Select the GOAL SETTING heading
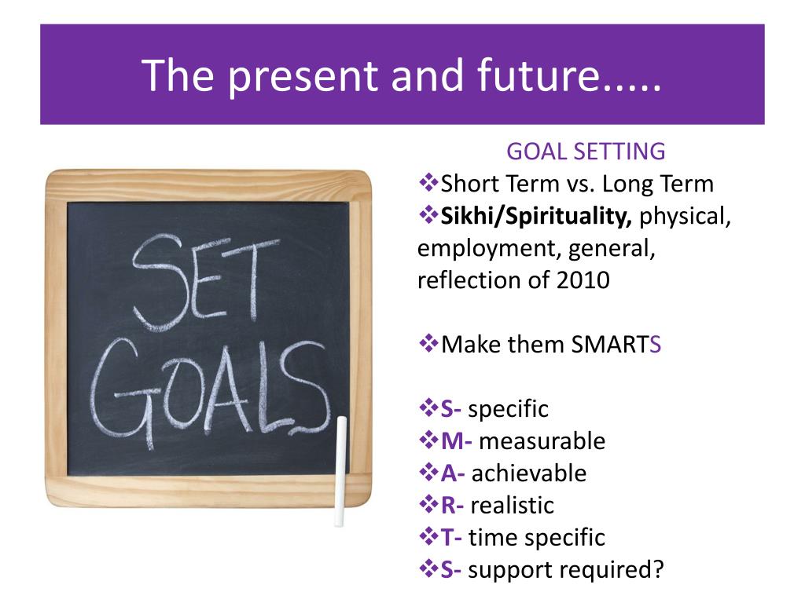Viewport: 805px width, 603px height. click(586, 152)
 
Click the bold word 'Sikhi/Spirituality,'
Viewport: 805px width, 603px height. click(536, 217)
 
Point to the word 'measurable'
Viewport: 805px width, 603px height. click(542, 441)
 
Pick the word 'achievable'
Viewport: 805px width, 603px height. click(529, 473)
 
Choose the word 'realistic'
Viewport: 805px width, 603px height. click(513, 506)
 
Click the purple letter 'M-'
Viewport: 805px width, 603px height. click(457, 441)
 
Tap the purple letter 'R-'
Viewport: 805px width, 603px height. click(452, 506)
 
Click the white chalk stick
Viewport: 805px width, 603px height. click(340, 471)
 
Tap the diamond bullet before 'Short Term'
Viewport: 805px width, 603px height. click(428, 182)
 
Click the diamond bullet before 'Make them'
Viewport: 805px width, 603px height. click(428, 343)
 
